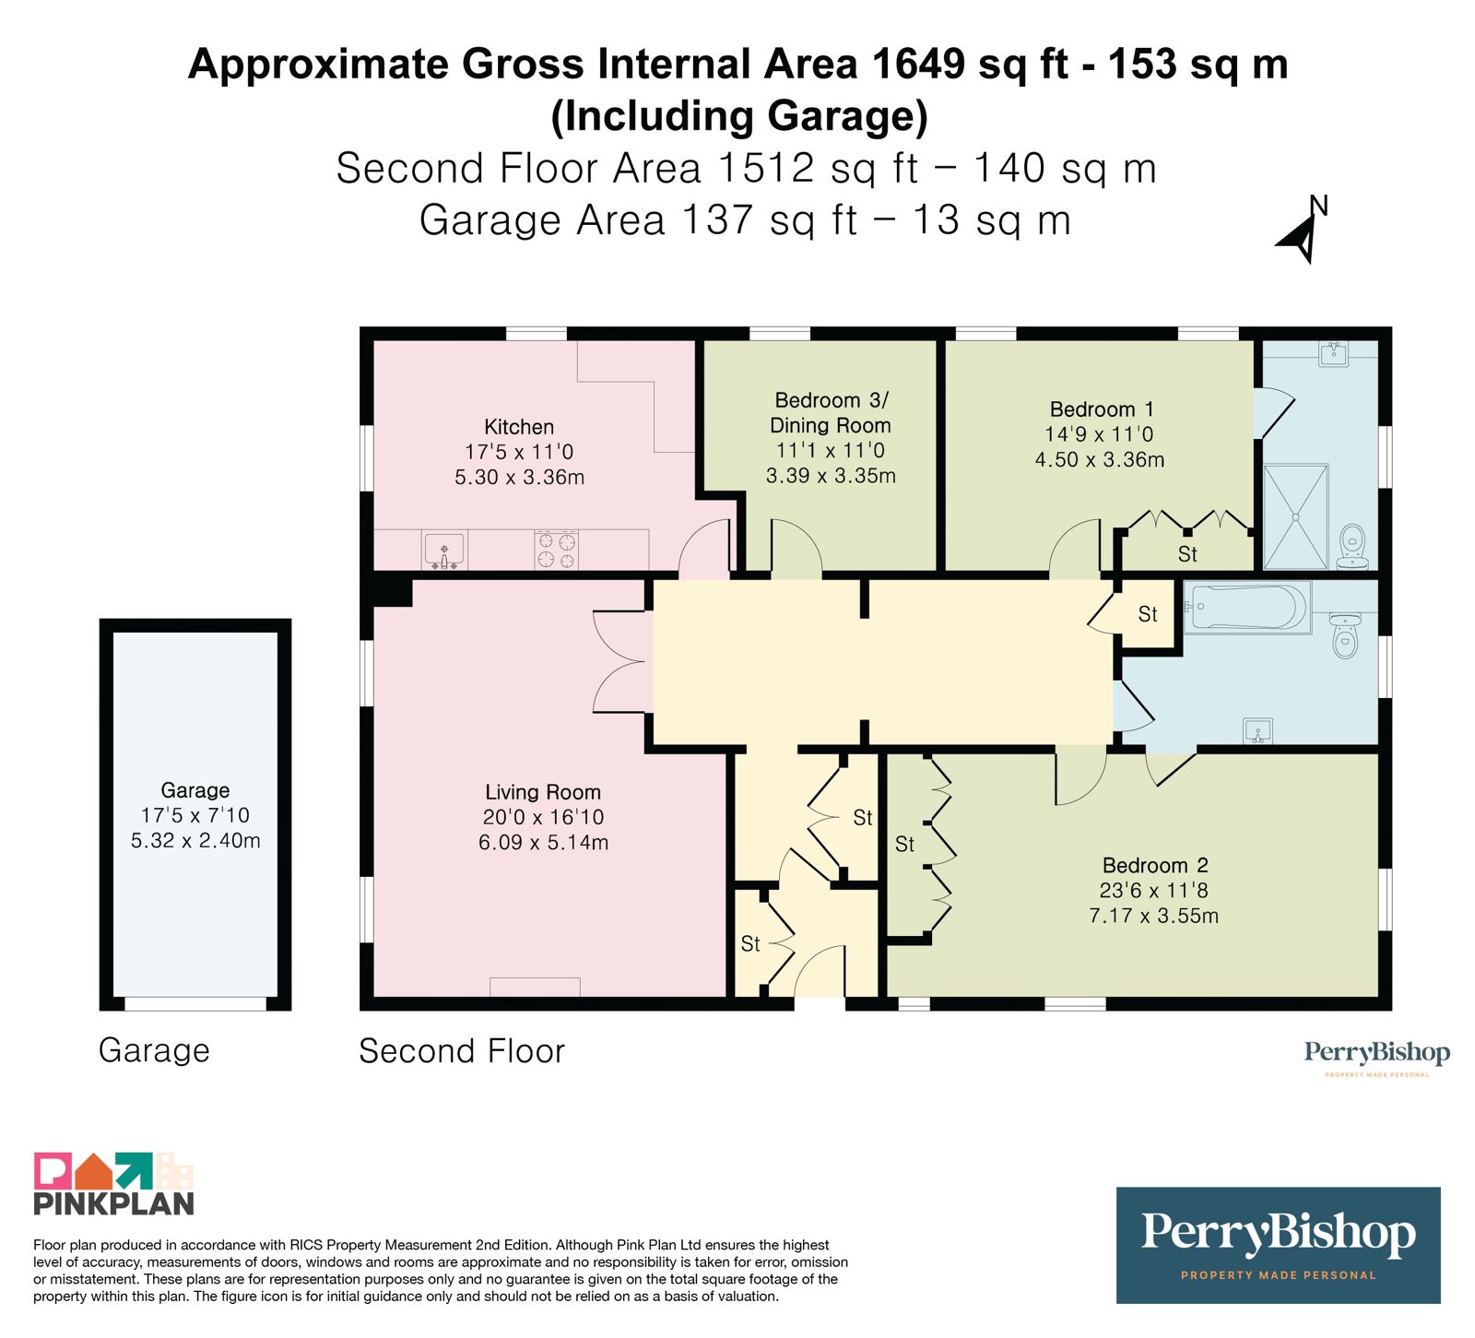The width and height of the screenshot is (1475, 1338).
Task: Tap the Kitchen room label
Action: (x=519, y=427)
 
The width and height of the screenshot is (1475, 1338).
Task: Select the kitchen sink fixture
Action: (x=444, y=551)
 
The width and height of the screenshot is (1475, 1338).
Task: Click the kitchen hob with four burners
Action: (x=556, y=551)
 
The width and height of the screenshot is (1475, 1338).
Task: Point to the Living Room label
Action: (x=543, y=792)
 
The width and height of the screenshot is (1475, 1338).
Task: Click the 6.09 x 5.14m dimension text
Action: (x=543, y=842)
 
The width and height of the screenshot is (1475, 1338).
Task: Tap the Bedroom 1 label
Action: (x=1102, y=409)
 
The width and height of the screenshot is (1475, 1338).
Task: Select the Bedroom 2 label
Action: (x=1155, y=865)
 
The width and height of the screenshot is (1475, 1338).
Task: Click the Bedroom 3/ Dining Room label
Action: (x=831, y=412)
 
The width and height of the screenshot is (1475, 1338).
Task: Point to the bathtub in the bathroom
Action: (x=1246, y=608)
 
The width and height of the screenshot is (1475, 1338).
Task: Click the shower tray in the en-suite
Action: (x=1295, y=516)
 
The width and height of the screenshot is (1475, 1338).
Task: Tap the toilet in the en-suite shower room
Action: (x=1352, y=548)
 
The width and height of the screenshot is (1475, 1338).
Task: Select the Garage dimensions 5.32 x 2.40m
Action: (x=195, y=841)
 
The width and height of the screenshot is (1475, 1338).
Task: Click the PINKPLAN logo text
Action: (x=114, y=1203)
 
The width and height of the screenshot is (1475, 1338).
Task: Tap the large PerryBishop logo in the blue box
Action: (x=1278, y=1245)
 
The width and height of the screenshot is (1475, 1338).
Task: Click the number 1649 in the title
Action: (x=918, y=65)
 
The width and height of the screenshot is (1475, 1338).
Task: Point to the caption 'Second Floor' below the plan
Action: (x=461, y=1051)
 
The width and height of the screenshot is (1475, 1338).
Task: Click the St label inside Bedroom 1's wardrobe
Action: (x=1187, y=554)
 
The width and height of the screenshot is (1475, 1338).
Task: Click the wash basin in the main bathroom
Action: (x=1258, y=731)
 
